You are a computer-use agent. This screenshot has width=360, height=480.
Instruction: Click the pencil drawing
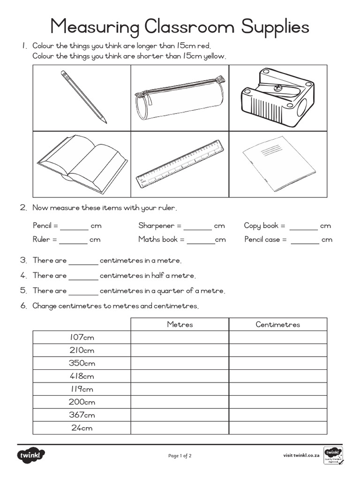point(83,97)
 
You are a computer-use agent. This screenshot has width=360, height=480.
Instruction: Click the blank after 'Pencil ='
point(74,227)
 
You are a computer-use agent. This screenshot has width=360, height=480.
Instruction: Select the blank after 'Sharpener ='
point(197,227)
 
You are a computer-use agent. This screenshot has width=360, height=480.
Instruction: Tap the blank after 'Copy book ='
point(303,227)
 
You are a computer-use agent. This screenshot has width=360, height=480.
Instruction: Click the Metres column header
point(180,324)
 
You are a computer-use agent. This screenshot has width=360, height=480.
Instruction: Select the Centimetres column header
point(277,324)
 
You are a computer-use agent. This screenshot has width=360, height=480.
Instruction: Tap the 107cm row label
point(82,337)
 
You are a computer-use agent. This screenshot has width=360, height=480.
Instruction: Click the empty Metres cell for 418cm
point(180,376)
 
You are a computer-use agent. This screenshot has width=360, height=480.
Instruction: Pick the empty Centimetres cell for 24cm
point(277,428)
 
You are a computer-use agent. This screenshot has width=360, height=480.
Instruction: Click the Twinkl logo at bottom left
point(31,455)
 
